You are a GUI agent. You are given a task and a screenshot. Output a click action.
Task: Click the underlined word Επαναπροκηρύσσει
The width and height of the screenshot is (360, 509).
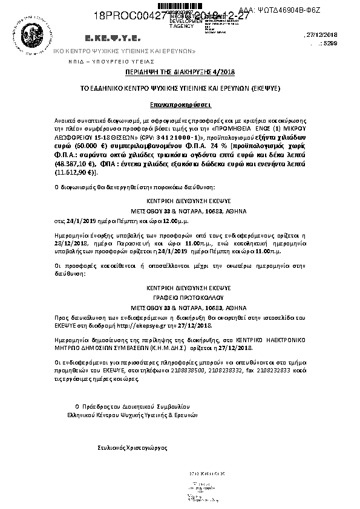(181, 104)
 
